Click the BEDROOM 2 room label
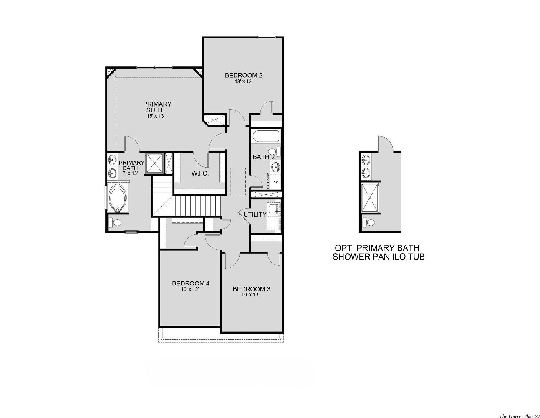click(x=243, y=75)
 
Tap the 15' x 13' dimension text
click(x=156, y=117)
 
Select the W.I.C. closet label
click(x=200, y=173)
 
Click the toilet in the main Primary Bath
click(x=115, y=222)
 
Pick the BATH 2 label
click(x=264, y=157)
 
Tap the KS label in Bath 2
click(x=275, y=182)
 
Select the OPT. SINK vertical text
click(x=268, y=181)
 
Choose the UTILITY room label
click(x=255, y=214)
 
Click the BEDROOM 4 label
click(x=191, y=283)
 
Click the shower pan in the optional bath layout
click(x=370, y=198)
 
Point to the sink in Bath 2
click(x=276, y=167)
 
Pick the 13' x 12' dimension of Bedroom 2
click(x=243, y=82)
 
